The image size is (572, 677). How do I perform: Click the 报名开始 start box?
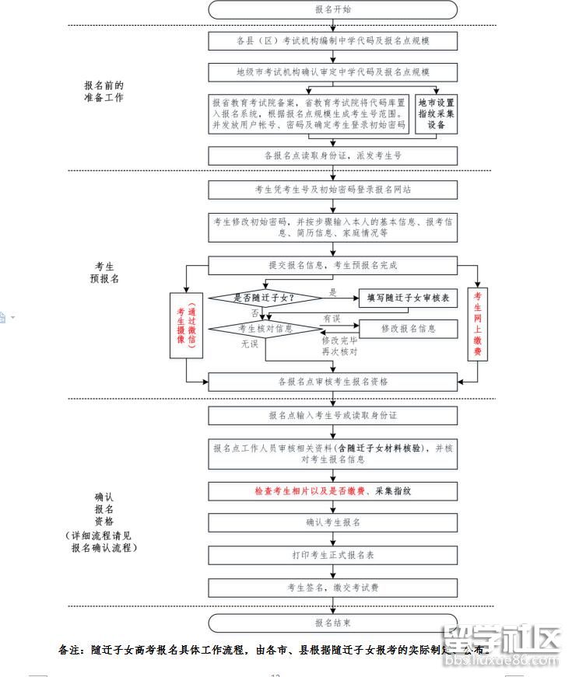332,9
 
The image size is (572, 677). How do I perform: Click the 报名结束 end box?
332,623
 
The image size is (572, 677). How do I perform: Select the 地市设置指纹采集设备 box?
436,113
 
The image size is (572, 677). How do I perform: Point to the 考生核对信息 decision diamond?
265,329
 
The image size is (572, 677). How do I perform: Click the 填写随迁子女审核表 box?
408,298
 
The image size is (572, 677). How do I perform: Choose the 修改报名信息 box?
408,329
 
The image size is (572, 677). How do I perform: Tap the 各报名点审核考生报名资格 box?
332,382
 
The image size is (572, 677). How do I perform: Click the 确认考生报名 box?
332,522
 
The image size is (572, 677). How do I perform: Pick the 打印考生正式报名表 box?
332,555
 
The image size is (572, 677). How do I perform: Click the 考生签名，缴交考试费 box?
332,588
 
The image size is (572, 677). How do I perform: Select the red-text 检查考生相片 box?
332,491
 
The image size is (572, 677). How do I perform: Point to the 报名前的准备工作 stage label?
104,92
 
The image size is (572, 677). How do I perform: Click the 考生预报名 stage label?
104,272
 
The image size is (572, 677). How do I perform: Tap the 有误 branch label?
332,319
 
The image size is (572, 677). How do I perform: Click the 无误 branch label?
248,343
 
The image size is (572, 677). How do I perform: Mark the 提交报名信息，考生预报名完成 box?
332,265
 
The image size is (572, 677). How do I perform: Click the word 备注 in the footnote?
70,650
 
